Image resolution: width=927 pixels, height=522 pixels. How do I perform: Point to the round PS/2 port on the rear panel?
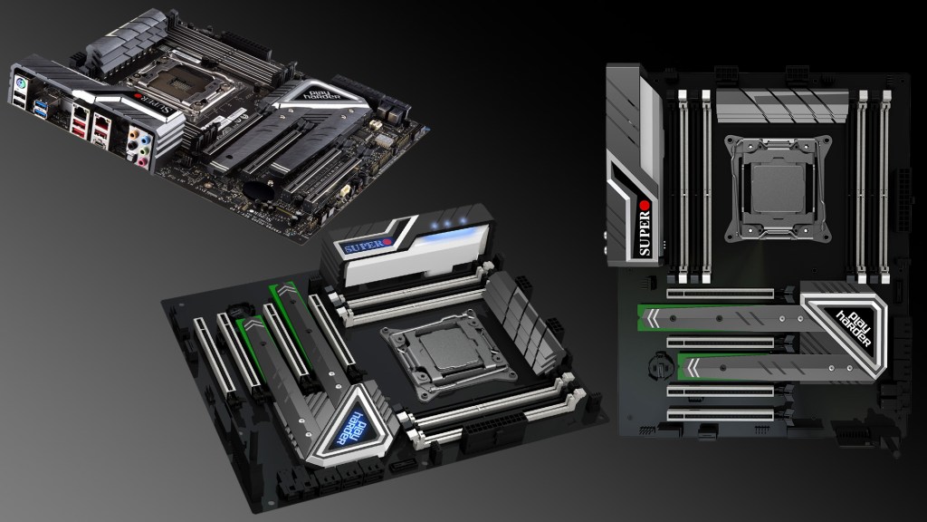pos(20,82)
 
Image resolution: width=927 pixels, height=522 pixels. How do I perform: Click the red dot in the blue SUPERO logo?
pos(387,241)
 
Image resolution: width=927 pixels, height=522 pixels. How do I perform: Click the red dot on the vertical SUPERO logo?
pos(645,206)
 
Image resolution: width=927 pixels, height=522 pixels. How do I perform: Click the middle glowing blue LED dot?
pos(447,224)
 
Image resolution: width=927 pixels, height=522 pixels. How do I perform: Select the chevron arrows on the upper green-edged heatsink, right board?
pos(653,318)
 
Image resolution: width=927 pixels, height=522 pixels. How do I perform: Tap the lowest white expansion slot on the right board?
pos(720,414)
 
